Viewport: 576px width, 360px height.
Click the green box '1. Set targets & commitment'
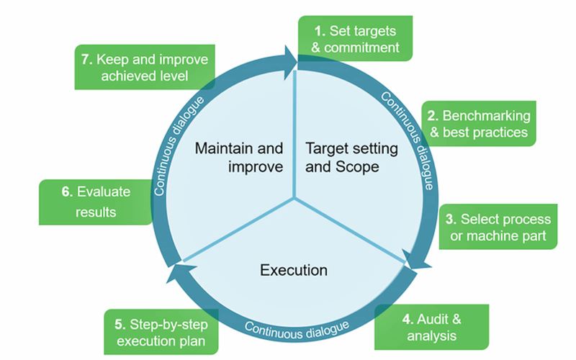pos(355,38)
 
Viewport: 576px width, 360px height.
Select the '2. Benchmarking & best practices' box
pos(479,123)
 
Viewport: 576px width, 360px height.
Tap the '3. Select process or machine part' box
pos(498,227)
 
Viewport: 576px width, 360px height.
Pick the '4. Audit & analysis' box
pos(431,327)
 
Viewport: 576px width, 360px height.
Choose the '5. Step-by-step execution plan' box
pos(161,332)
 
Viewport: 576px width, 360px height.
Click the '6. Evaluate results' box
pos(96,202)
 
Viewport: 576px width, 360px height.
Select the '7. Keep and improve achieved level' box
pos(145,67)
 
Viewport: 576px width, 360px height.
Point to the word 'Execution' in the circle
pos(294,271)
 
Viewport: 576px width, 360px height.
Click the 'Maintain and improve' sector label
pos(239,158)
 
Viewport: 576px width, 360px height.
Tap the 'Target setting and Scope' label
pos(351,158)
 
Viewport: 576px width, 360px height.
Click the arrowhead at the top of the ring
pos(292,63)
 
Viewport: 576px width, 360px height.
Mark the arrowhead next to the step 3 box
pos(415,260)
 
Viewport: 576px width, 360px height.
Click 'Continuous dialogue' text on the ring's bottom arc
pos(297,330)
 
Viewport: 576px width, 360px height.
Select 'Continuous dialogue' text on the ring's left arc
pos(178,146)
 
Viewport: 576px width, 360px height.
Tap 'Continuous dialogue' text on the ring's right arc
pos(408,140)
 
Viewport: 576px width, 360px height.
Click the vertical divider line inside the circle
pos(294,134)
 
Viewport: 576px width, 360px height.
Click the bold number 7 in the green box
pos(86,59)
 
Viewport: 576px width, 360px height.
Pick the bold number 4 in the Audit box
pos(408,319)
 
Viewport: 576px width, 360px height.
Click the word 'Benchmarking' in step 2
pos(487,116)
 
